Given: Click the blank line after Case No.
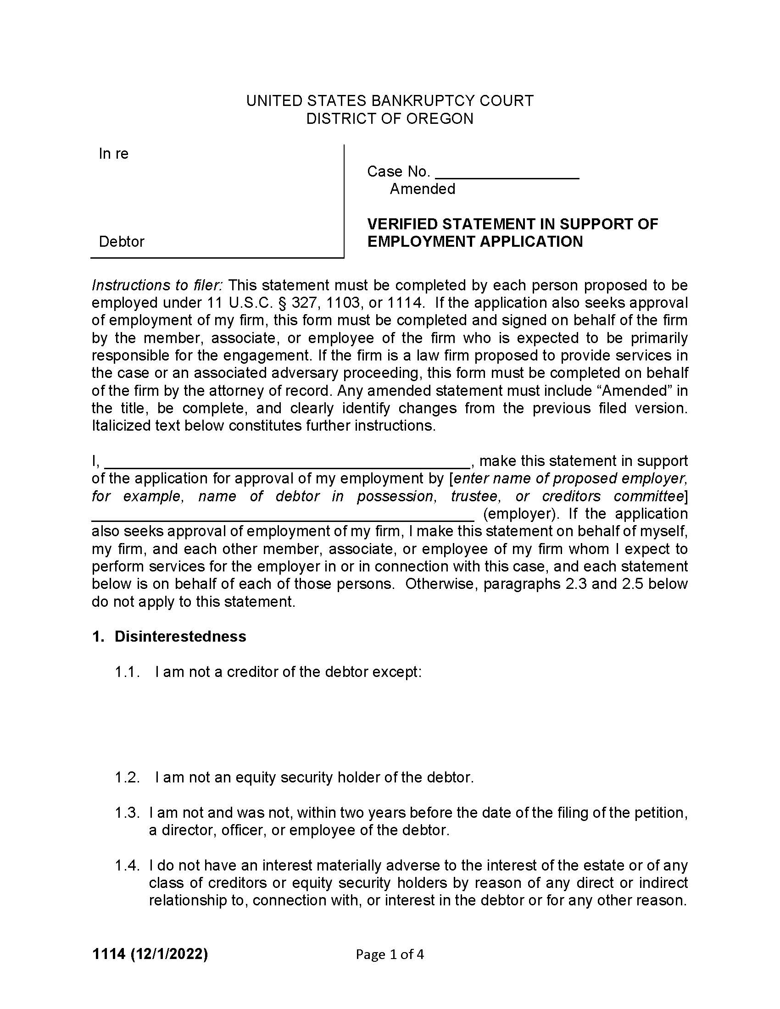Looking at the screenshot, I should coord(507,173).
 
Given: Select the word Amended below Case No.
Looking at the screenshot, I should coord(422,189).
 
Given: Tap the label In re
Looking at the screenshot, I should coord(113,154).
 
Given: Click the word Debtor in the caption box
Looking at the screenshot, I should coord(122,241).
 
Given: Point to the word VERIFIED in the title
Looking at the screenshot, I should coord(402,224).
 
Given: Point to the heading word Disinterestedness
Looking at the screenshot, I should coord(180,636).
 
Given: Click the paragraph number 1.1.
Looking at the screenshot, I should coord(127,672).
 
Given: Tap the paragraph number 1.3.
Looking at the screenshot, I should coord(127,813).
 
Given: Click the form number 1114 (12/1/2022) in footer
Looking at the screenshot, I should coord(150,954).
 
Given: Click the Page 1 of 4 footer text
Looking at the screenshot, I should coord(390,954).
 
